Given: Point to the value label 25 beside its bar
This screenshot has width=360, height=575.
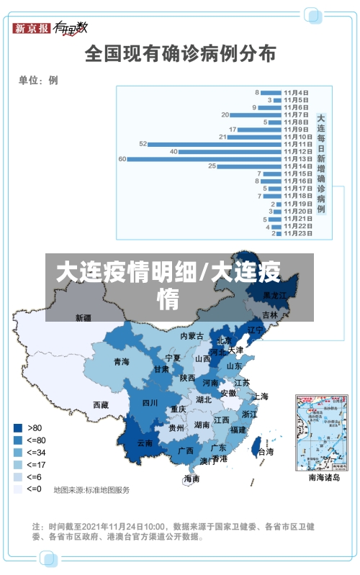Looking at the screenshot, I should click(212, 166).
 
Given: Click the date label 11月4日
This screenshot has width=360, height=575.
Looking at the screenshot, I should click(297, 92).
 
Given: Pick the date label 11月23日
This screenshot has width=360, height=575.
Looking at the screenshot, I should click(297, 233).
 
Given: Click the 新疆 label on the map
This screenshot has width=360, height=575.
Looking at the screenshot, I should click(84, 317).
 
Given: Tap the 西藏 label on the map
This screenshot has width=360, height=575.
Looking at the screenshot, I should click(102, 405).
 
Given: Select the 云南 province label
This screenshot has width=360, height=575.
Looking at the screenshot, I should click(145, 443).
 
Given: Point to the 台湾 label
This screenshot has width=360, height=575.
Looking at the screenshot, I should click(266, 452).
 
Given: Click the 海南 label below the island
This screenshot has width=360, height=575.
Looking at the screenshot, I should click(192, 478).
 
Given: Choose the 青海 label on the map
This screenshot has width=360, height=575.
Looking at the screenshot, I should click(121, 362).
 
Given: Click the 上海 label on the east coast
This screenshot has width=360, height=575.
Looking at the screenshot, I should click(261, 396).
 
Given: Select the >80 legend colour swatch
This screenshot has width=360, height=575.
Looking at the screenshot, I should click(18, 427).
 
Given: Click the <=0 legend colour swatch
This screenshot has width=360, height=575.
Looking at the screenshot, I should click(18, 489).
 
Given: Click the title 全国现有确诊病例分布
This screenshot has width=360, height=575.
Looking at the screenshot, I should click(180, 53).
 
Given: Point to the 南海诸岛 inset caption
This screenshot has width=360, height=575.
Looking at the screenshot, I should click(324, 477).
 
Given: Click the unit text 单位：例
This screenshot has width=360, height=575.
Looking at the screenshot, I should click(38, 80).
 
